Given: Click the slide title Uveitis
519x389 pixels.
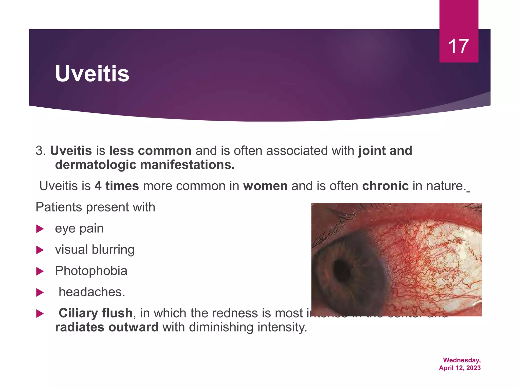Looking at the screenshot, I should click(92, 73).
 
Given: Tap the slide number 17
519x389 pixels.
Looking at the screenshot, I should click(458, 46).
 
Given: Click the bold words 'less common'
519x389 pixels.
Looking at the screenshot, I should click(150, 151).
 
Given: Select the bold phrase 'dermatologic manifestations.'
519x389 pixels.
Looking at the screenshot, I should click(145, 165).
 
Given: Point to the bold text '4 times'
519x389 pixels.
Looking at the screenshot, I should click(117, 186).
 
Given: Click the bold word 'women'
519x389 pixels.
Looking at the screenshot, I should click(265, 186).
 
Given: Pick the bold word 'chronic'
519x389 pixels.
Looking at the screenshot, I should click(385, 186).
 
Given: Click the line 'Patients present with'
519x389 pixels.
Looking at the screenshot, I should click(95, 207).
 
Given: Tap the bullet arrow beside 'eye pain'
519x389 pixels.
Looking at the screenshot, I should click(40, 229).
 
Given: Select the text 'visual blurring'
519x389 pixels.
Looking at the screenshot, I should click(95, 249).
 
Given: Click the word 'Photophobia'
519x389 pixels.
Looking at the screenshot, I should click(91, 271).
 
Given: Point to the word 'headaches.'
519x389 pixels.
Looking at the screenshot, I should click(92, 292).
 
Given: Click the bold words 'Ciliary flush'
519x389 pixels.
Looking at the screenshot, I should click(96, 313).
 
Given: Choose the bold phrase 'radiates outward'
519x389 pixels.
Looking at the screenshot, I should click(107, 327).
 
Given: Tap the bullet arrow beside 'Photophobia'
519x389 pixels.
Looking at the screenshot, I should click(40, 271).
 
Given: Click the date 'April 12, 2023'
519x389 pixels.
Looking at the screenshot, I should click(460, 368).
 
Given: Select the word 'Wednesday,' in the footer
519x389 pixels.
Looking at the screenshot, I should click(462, 360).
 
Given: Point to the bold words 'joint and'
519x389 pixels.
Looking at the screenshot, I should click(385, 151).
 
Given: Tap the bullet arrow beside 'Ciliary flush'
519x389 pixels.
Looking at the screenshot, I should click(40, 314).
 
